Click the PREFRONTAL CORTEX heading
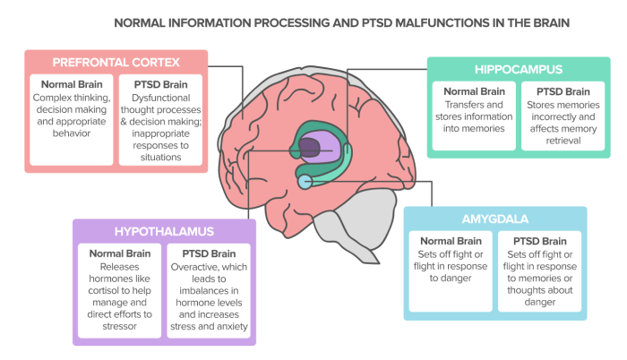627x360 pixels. [116, 63]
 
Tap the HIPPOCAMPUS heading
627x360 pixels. [505, 69]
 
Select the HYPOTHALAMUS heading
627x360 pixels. [164, 231]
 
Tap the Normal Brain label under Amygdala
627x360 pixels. [451, 241]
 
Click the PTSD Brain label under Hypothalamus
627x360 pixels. [210, 253]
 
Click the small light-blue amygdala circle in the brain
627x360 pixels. [305, 182]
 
